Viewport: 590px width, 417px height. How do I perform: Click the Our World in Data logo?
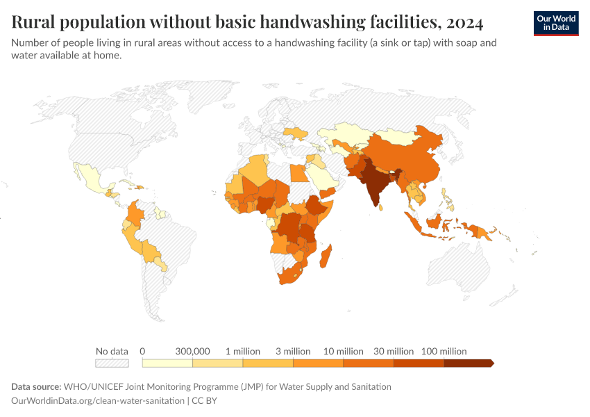point(555,22)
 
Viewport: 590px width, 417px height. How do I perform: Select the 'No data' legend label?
point(112,351)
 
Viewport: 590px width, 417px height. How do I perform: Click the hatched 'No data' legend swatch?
point(112,363)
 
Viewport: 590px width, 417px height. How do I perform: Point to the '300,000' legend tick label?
point(192,351)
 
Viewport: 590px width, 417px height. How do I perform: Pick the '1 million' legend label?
point(243,351)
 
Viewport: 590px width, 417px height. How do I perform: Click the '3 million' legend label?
point(293,351)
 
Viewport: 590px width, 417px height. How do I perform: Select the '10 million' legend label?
point(344,351)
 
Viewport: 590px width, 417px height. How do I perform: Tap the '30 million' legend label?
point(394,351)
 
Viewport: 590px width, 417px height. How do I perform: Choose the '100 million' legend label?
point(444,351)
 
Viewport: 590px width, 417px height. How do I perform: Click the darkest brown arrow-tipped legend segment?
point(468,363)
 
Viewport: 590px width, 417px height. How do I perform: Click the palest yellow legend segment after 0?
point(167,363)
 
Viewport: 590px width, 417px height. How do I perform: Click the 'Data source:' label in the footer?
point(36,386)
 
